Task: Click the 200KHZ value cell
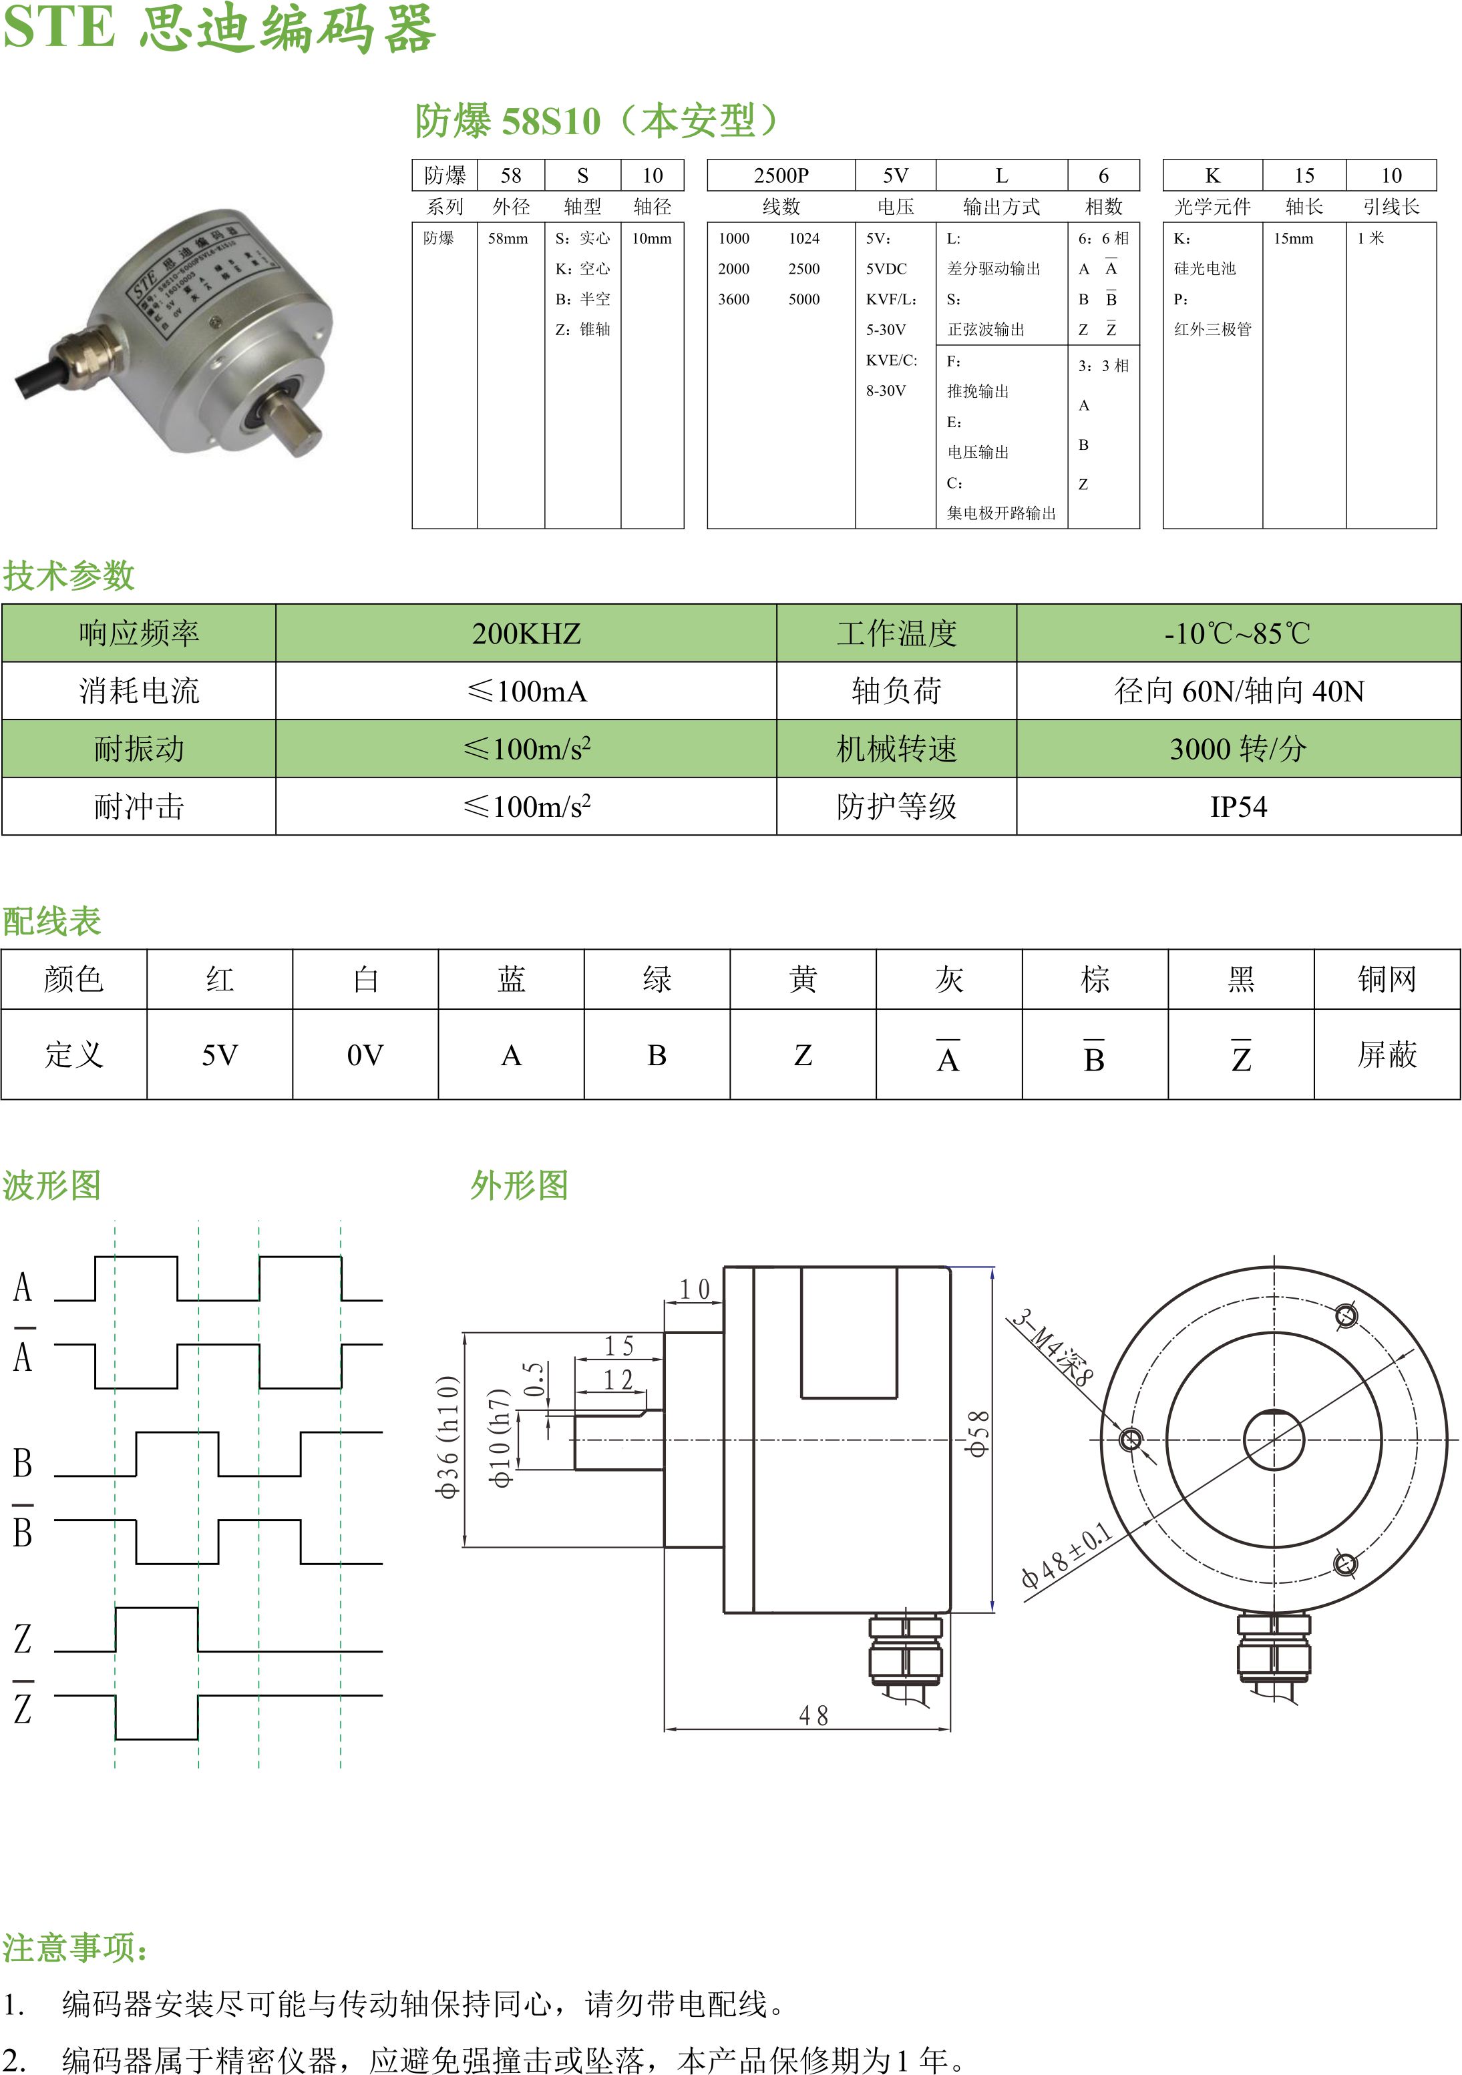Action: [x=526, y=633]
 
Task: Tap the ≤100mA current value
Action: [x=526, y=691]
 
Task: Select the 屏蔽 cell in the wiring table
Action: [x=1386, y=1055]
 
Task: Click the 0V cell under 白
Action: [x=365, y=1055]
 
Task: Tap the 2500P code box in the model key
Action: [x=781, y=176]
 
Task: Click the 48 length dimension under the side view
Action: [x=813, y=1715]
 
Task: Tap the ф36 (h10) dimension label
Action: [x=448, y=1437]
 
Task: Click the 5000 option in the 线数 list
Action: [x=803, y=299]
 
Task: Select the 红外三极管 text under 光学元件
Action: [x=1212, y=330]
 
